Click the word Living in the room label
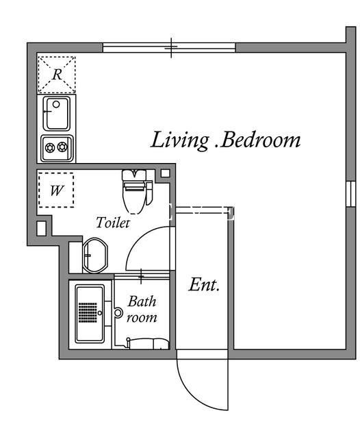(x=180, y=140)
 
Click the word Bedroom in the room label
(x=260, y=140)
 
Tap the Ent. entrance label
(x=204, y=284)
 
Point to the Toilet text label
(x=113, y=223)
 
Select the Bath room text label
(x=142, y=310)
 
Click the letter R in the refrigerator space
(x=57, y=75)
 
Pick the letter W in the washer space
(x=57, y=190)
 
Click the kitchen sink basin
(x=57, y=114)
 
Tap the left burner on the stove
(x=50, y=148)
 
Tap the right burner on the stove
(x=62, y=147)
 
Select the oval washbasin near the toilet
(x=95, y=255)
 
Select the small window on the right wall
(x=351, y=194)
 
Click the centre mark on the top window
(x=171, y=47)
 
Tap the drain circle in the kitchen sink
(x=56, y=104)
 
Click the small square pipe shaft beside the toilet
(x=166, y=173)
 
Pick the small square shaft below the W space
(x=41, y=229)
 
